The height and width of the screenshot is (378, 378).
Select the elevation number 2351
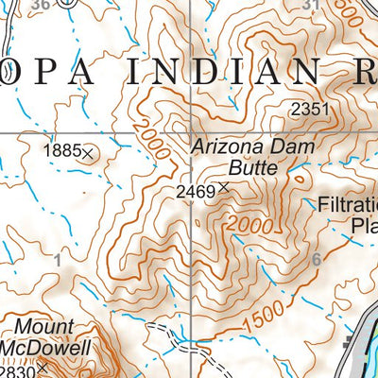click(x=310, y=110)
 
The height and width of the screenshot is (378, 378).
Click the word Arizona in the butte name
click(x=227, y=147)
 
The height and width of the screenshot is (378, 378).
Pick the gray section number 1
click(x=58, y=260)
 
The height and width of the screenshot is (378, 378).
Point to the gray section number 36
click(x=39, y=5)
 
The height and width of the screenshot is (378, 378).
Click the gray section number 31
click(x=312, y=5)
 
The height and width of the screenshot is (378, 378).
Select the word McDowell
click(x=45, y=348)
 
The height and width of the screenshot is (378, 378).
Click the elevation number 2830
click(x=16, y=370)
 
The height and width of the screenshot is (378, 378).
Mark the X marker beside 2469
click(x=223, y=189)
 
